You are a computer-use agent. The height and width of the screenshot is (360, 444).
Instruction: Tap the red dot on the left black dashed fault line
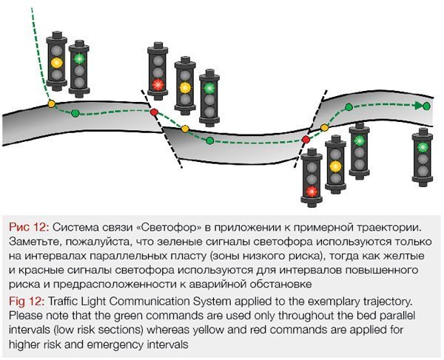coord(154,112)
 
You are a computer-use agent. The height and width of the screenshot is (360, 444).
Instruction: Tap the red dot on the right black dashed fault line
coord(306,139)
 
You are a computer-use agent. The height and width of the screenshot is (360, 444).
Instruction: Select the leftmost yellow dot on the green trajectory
coord(51,103)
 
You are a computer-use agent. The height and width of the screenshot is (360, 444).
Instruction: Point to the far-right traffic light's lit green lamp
coord(423,147)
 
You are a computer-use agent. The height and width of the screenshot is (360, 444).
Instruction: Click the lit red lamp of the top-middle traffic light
coord(157,84)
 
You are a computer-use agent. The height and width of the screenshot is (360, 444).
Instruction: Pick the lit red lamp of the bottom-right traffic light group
coord(312,191)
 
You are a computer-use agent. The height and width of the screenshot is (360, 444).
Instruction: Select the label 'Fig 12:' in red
coord(27,303)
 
